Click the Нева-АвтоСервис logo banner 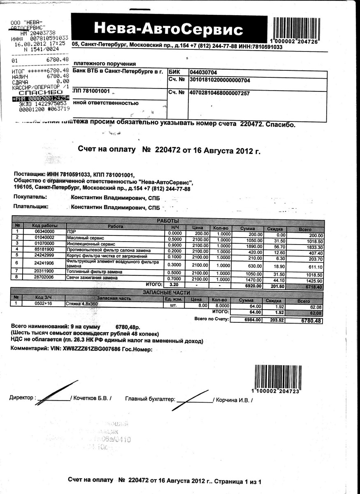[169, 29]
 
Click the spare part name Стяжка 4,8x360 [82, 304]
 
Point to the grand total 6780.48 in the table [311, 320]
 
